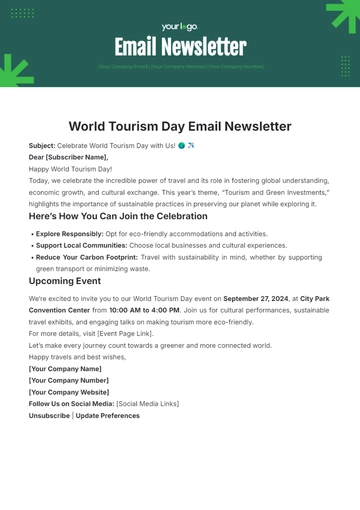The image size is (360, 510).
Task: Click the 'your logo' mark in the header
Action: [x=179, y=27]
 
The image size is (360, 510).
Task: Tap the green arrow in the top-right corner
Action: [x=342, y=15]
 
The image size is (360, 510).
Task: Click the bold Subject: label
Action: [x=43, y=146]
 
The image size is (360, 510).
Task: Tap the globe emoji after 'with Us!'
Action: [x=181, y=146]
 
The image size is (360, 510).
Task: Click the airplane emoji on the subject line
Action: [x=191, y=146]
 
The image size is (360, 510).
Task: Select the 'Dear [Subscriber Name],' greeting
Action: [x=68, y=157]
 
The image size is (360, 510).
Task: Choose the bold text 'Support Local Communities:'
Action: [x=82, y=244]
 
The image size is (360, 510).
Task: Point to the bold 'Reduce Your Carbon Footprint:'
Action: [x=88, y=256]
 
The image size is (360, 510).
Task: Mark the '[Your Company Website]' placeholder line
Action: [x=68, y=392]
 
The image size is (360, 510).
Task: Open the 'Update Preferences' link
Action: [x=107, y=415]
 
